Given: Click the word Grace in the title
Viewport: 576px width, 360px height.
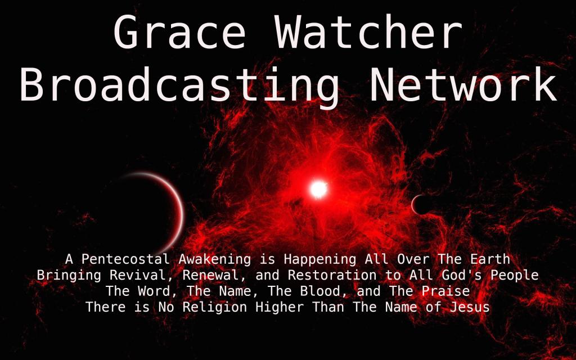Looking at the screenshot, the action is (180, 31).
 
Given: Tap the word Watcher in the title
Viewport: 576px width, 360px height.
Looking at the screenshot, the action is (368, 31).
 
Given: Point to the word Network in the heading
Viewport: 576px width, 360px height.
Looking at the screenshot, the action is (463, 84).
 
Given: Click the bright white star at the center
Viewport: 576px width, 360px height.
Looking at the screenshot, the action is (318, 189).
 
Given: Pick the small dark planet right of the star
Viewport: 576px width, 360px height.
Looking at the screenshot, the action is (421, 205).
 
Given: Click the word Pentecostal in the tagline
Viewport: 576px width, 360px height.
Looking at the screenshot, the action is (125, 259).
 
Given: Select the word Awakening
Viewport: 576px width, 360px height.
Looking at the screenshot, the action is (214, 260).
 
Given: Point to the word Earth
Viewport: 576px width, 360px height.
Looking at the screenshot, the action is (490, 259).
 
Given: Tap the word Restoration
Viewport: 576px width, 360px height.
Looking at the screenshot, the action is (332, 275).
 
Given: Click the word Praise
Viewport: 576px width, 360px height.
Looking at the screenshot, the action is (445, 291).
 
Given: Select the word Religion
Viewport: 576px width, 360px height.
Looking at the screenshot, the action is (214, 308).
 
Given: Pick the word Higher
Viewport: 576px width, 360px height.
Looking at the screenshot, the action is (280, 308).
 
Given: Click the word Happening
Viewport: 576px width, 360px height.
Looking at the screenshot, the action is (319, 260).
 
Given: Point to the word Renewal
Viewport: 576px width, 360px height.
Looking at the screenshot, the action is (215, 276).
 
